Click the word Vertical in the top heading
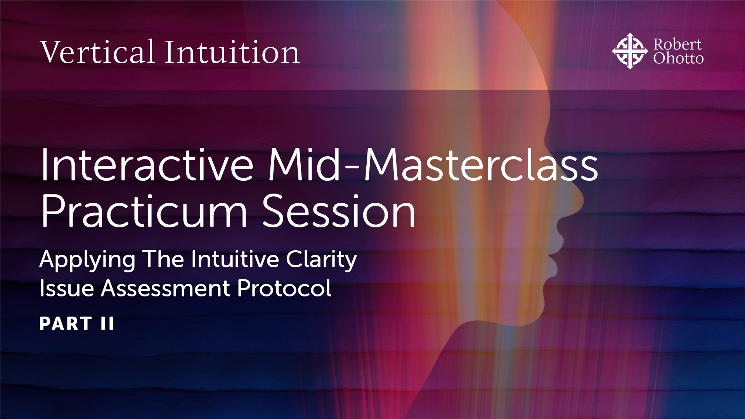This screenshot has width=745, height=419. pos(97,52)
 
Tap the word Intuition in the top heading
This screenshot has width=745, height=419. pos(232,52)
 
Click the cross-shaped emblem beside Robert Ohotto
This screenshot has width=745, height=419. pos(629,51)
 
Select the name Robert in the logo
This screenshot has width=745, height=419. pos(677,44)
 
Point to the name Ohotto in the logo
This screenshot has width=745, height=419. pos(678,59)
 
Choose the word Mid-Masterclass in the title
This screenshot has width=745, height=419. pos(433,165)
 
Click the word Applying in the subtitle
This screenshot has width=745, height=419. pos(87,260)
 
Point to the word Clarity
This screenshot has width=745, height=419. pos(321,260)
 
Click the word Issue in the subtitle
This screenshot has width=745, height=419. pos(66,289)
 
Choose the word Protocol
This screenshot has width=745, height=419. pos(284,289)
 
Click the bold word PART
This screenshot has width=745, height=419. pos(66,324)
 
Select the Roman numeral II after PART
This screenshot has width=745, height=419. pos(107,324)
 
